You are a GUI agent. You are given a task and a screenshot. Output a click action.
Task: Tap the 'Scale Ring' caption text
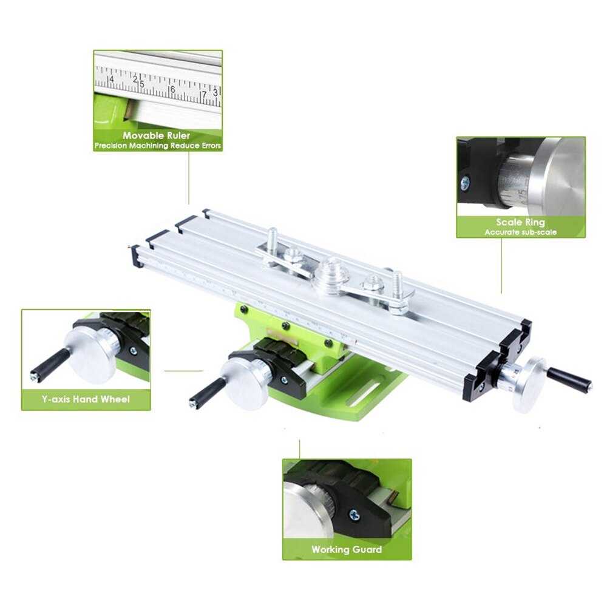tap(520, 222)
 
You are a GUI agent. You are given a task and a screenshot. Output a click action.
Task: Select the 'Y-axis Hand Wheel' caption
tap(86, 399)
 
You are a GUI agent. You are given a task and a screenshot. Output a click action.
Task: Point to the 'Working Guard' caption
tap(347, 549)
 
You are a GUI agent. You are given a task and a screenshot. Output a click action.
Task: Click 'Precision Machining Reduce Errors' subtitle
tap(158, 146)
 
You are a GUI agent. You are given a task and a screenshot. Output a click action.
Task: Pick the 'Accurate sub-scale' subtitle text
tap(520, 232)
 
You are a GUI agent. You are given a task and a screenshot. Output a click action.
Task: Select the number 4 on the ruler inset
tap(110, 80)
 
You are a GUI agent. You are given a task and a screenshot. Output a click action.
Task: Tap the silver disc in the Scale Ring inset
tap(561, 176)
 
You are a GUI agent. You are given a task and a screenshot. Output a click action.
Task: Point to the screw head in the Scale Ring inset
tap(465, 181)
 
